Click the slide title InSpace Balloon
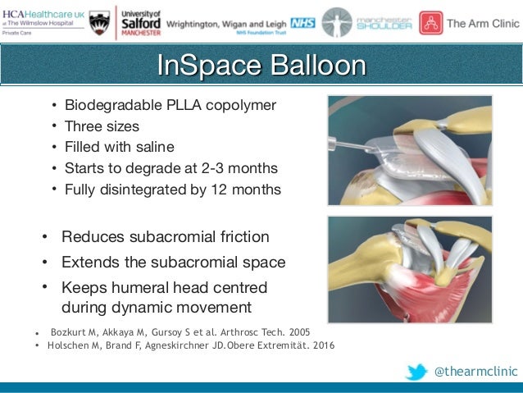[x=261, y=66]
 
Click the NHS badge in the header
[x=302, y=23]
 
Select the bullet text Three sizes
[x=102, y=126]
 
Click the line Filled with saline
[x=119, y=148]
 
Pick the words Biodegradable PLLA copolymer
[x=170, y=105]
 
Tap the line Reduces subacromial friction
[x=165, y=237]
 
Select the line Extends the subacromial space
[x=173, y=263]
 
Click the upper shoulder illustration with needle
[x=409, y=150]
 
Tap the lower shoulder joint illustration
[x=409, y=269]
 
